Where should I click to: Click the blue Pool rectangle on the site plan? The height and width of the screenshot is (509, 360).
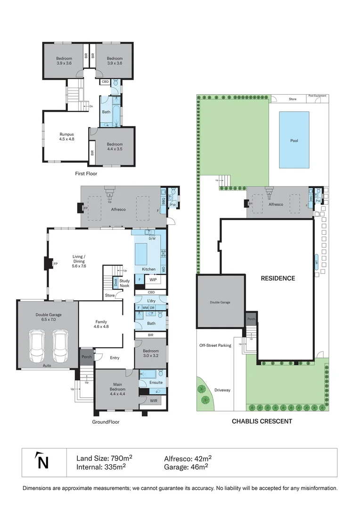coord(294,140)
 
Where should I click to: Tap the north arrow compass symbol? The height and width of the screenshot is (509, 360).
coord(43,461)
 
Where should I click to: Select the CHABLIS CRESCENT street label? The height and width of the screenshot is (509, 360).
coord(262,421)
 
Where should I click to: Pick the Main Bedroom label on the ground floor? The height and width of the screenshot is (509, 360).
coord(117,387)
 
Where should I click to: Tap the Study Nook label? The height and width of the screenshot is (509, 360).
coord(124,283)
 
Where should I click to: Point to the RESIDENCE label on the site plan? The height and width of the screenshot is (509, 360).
coord(278,279)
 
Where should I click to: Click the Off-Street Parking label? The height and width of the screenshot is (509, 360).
coord(215,345)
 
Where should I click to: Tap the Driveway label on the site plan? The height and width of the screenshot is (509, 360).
coord(222,390)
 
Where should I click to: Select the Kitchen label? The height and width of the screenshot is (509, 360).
coord(149,269)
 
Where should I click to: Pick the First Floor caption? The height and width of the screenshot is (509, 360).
coord(87,174)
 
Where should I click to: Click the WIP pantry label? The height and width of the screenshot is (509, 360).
coord(153,280)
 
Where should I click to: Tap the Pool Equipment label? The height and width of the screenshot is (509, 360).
coord(317,96)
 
